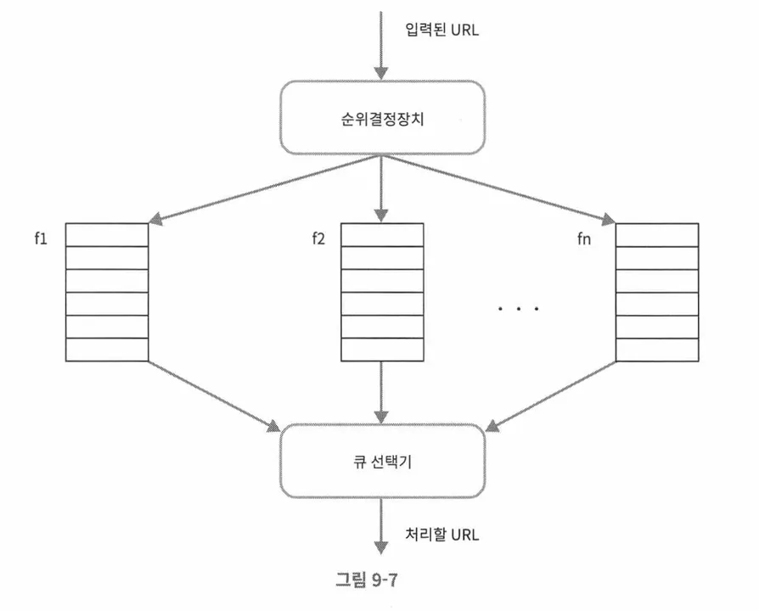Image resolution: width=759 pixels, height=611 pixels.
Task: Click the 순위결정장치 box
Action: coord(381,117)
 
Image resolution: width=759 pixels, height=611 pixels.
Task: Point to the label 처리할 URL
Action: coord(442,535)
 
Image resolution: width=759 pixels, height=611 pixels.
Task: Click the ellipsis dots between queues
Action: coord(519,309)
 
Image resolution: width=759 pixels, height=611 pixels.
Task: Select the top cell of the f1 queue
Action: coord(107,235)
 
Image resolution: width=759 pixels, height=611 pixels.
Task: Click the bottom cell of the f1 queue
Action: coord(107,349)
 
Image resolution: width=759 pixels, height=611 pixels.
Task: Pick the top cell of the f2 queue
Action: coord(381,235)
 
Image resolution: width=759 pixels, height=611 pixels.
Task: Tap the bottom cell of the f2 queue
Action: coord(381,349)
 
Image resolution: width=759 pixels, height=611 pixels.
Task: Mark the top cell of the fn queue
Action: coord(656,235)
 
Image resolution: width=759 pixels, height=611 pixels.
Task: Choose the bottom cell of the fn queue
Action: coord(656,349)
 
